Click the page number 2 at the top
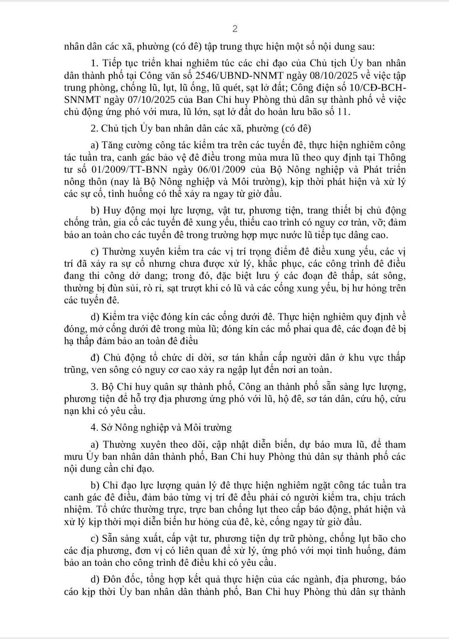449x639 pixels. point(234,29)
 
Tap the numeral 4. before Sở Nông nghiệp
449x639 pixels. point(94,427)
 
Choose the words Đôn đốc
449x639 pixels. point(123,580)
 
